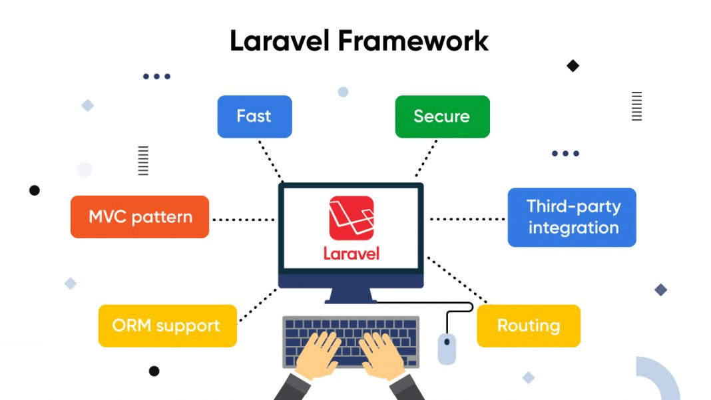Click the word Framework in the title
click(413, 41)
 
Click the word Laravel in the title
click(280, 41)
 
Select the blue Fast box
click(254, 116)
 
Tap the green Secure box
click(442, 116)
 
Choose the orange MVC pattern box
click(140, 217)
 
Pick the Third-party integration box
click(572, 218)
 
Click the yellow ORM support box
click(167, 326)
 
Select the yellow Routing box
click(529, 326)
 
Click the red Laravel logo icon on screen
click(351, 218)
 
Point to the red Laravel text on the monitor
click(351, 254)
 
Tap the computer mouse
click(447, 348)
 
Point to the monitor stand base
click(351, 298)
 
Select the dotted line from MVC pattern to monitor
click(243, 219)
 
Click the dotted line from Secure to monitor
click(426, 158)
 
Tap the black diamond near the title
click(573, 66)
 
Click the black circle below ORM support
click(154, 371)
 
